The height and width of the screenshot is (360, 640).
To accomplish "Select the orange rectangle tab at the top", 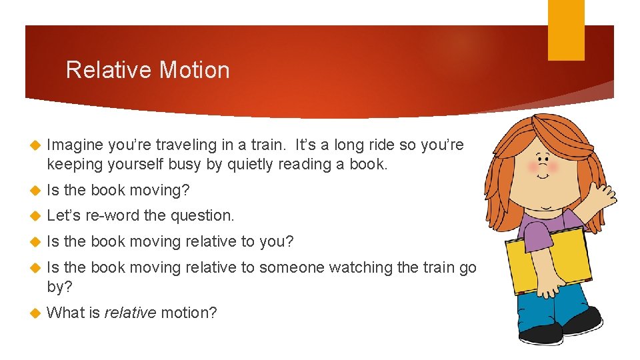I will pos(565,30).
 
